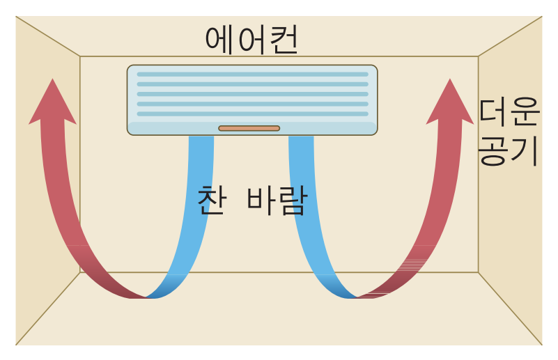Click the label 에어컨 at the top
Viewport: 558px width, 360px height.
(x=251, y=40)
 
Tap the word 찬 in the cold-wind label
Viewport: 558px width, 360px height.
(x=211, y=200)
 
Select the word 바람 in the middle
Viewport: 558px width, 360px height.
(x=277, y=200)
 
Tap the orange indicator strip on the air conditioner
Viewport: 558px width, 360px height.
(x=249, y=128)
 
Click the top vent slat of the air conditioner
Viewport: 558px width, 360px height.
(x=252, y=74)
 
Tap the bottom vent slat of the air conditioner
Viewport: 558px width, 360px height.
(x=252, y=114)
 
